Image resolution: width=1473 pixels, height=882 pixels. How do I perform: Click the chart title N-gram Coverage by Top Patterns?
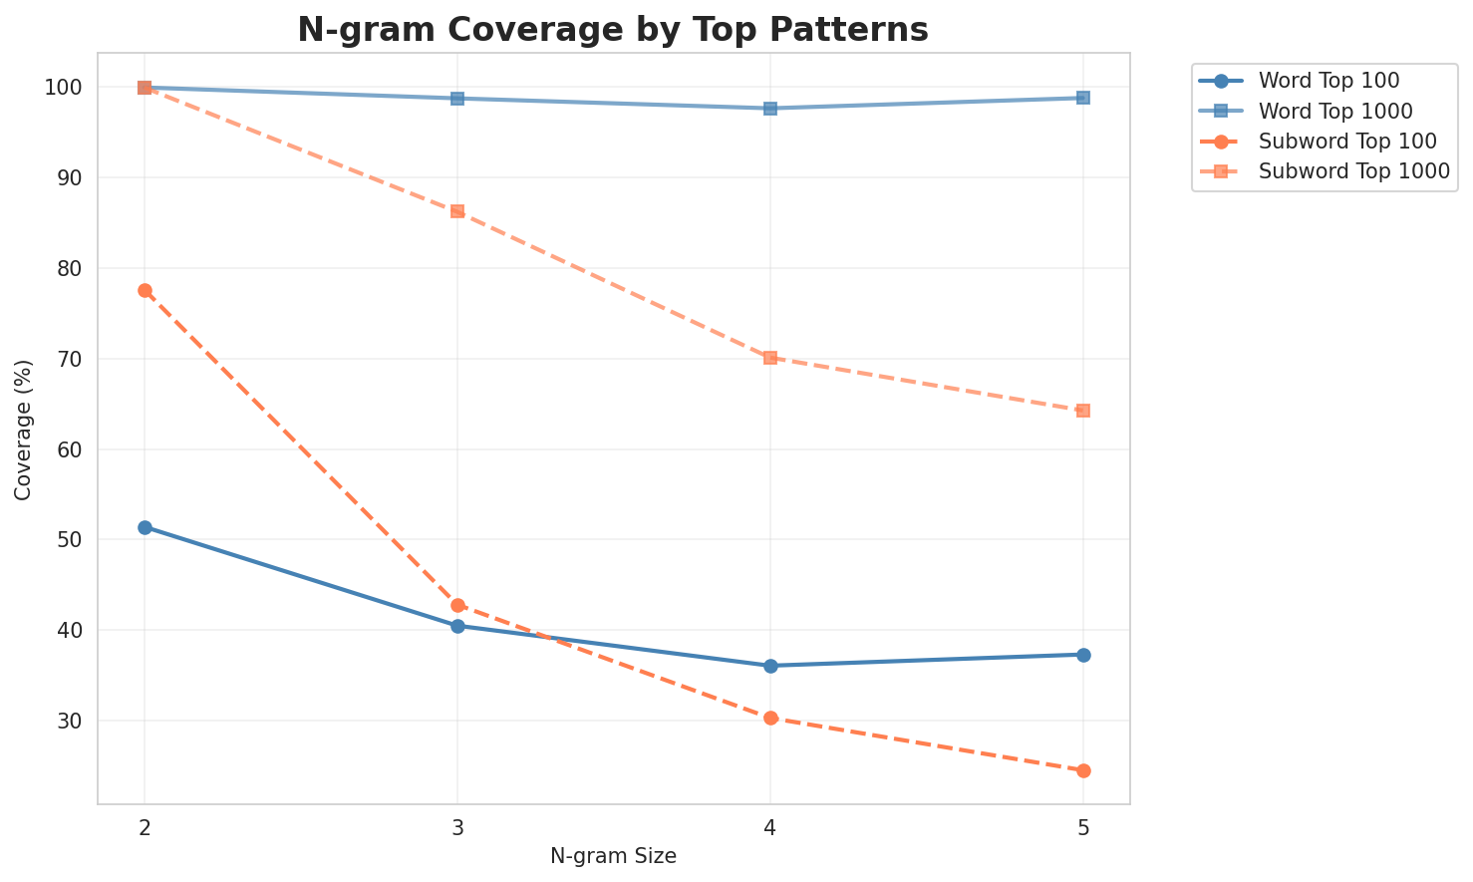(x=613, y=30)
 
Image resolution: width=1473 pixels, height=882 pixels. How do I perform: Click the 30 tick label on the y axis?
(x=79, y=721)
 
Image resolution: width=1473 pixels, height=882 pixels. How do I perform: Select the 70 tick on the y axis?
(x=79, y=359)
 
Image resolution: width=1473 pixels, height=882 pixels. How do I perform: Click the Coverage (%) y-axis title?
(x=24, y=429)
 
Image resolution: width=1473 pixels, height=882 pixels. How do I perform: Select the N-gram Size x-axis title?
(x=613, y=856)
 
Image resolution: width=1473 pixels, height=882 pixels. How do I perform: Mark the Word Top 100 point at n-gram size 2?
(x=145, y=527)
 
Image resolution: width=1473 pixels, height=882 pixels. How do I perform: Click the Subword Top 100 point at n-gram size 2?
(x=145, y=290)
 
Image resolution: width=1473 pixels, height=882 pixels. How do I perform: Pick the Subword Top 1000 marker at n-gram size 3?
(x=457, y=211)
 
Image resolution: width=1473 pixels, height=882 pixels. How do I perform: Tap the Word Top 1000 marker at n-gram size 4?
(x=770, y=109)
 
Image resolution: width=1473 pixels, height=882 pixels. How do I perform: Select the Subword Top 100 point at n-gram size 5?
(x=1083, y=770)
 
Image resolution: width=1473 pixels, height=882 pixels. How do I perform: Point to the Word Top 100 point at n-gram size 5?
(x=1083, y=655)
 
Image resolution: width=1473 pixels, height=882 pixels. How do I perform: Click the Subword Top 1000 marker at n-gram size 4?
(x=770, y=357)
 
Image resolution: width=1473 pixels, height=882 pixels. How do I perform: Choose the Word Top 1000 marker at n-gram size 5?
(x=1083, y=98)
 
